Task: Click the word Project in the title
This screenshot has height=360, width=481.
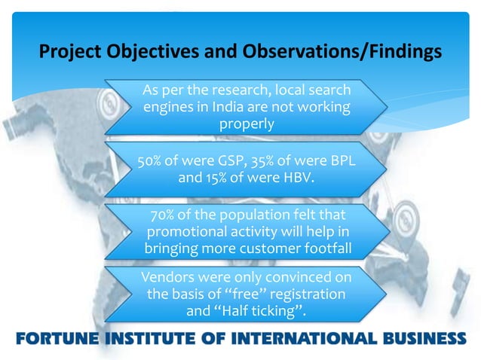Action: coord(69,53)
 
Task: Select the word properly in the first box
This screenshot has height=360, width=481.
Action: coord(247,124)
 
